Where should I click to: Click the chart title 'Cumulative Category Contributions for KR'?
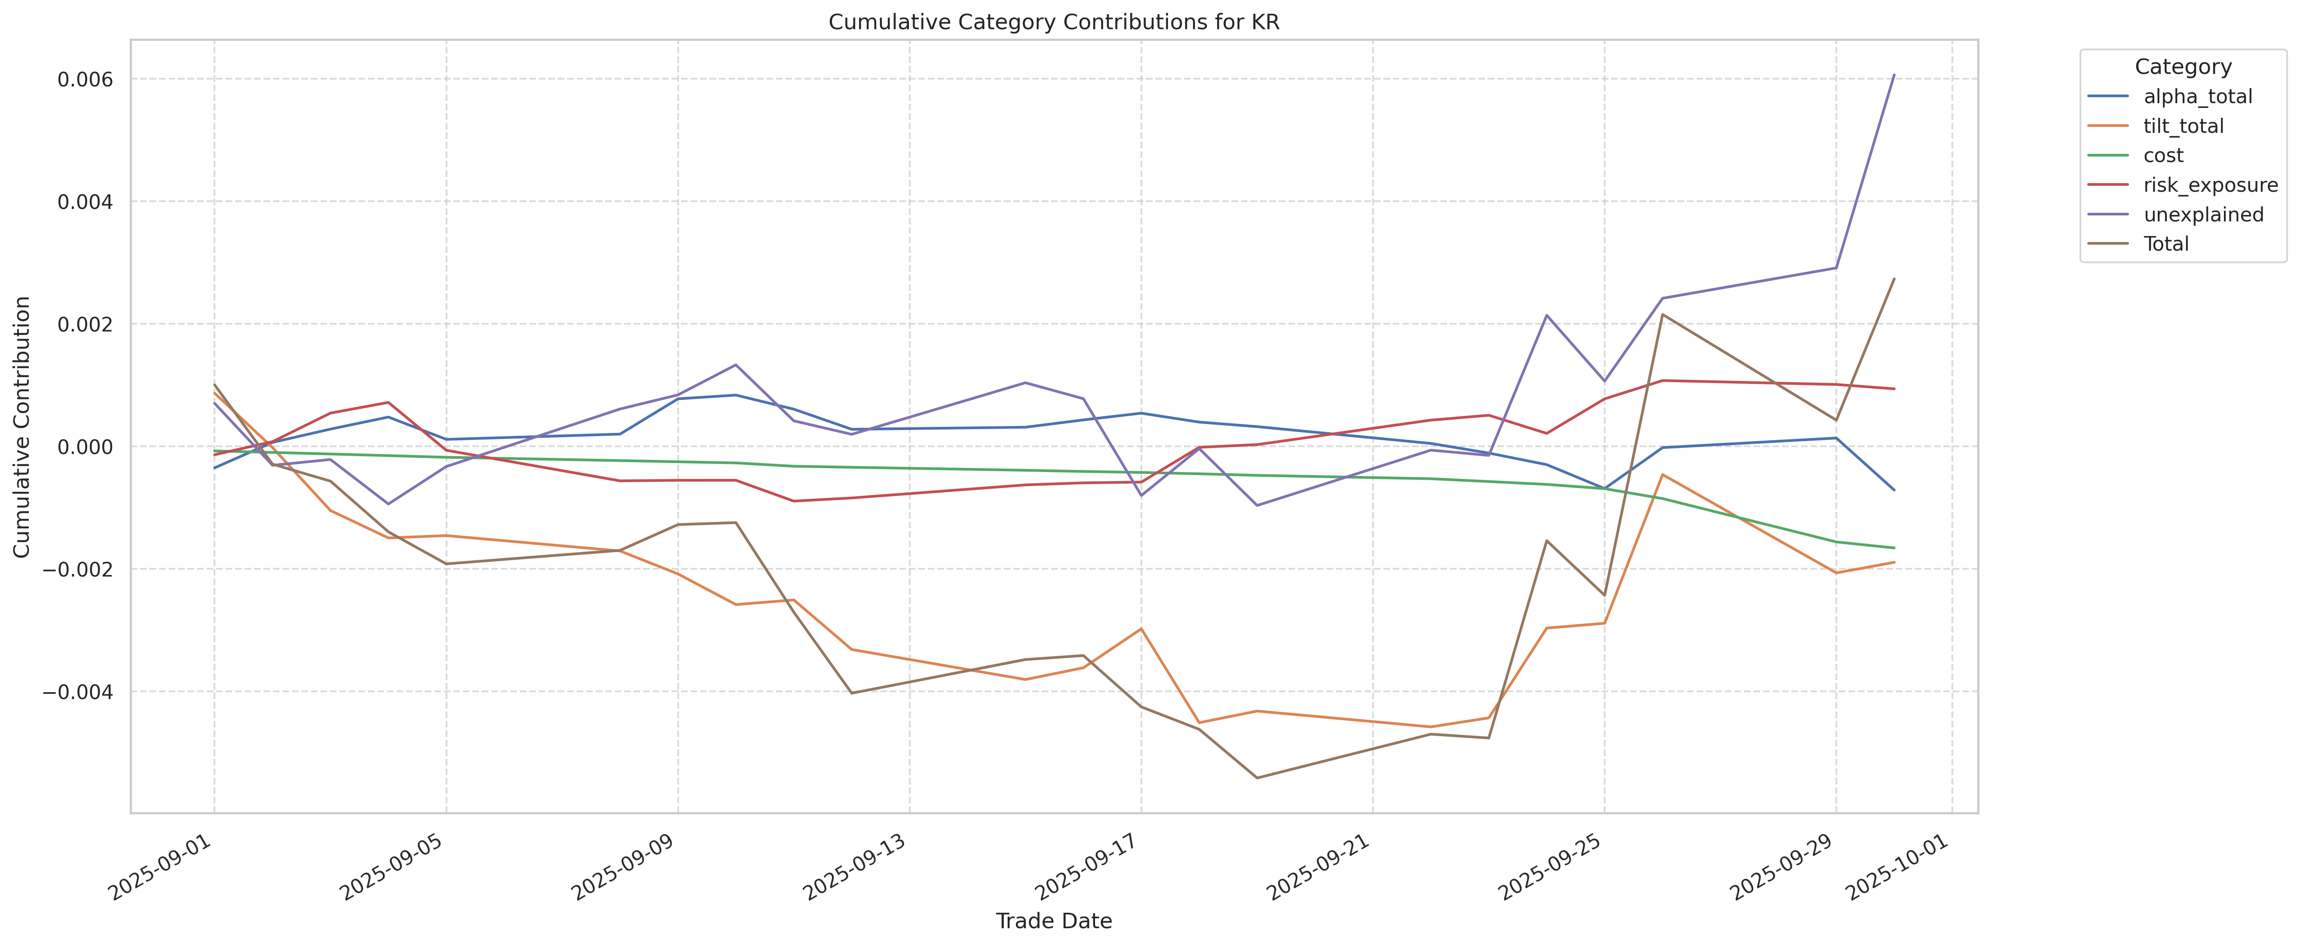click(1054, 22)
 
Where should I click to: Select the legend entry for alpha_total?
click(2197, 96)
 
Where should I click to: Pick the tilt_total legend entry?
click(2183, 126)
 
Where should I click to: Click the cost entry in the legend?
click(2163, 155)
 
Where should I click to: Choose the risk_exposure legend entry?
click(2210, 185)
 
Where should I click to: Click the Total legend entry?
click(2166, 244)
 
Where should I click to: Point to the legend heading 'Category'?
click(2182, 67)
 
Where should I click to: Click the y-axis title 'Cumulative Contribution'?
click(22, 427)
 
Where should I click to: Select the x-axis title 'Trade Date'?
click(1054, 921)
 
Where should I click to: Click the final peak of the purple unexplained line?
click(1894, 75)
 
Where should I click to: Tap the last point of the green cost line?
click(1894, 548)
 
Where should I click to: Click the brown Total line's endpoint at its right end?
click(1894, 279)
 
